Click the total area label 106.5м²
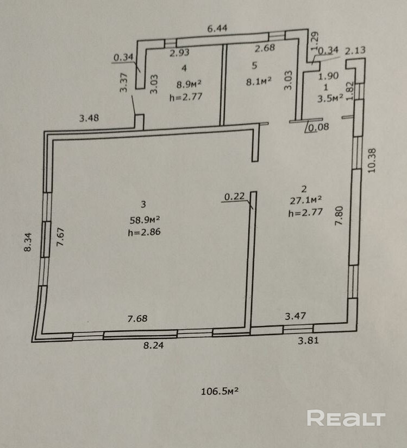(220, 391)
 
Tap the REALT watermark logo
(346, 418)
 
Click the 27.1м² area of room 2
(306, 200)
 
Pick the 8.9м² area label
(189, 84)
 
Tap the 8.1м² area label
(258, 82)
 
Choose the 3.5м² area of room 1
(330, 98)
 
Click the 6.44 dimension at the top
(217, 28)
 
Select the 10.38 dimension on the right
(372, 161)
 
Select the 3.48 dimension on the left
(89, 117)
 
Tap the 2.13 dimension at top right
(355, 50)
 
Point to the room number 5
(254, 66)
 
